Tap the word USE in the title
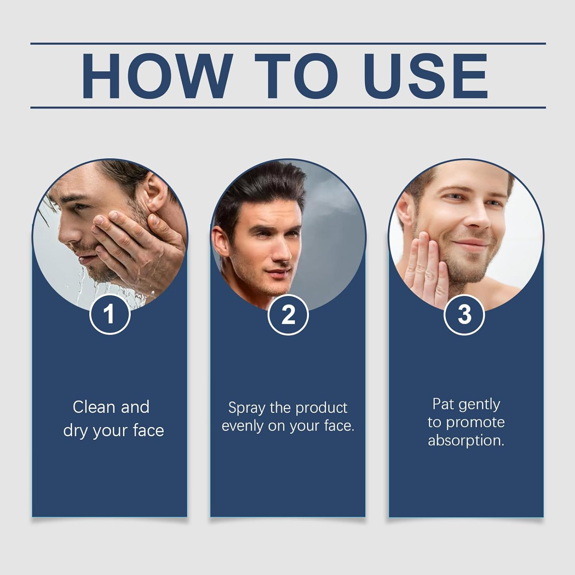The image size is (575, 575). point(426,76)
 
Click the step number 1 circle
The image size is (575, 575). point(110,314)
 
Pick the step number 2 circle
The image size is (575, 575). point(288,314)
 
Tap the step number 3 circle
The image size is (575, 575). point(464,314)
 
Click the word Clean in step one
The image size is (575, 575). point(94,407)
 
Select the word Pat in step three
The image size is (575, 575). point(443,404)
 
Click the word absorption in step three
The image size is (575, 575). point(466,440)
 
